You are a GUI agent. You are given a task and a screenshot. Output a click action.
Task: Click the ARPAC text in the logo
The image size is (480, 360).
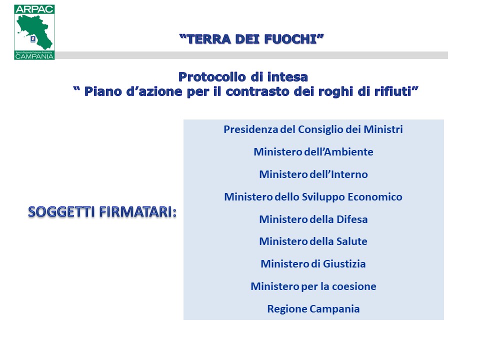(34, 9)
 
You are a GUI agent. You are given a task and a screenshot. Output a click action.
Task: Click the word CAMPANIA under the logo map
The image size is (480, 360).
(34, 56)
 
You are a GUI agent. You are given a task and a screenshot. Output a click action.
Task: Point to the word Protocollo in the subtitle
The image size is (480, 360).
(212, 77)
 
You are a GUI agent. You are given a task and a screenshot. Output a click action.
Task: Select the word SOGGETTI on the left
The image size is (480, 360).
(61, 212)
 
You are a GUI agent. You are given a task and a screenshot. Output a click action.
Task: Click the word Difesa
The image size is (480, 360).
(352, 219)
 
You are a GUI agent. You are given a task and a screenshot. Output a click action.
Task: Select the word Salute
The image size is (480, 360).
(351, 241)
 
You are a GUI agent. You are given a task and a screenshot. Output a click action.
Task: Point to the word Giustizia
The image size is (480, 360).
(344, 264)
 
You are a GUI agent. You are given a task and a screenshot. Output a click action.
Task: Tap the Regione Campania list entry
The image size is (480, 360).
(313, 309)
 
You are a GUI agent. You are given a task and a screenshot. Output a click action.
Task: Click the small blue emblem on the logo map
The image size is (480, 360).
(33, 39)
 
